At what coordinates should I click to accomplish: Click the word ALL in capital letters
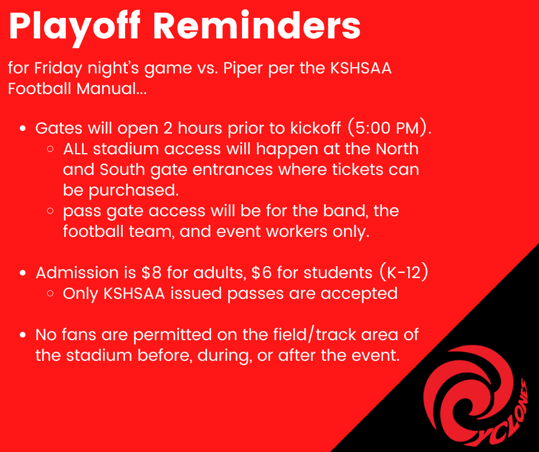click(x=75, y=149)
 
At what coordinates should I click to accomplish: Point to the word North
click(x=397, y=149)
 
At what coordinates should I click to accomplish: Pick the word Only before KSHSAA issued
click(x=80, y=293)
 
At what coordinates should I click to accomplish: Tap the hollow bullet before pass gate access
click(x=51, y=211)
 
